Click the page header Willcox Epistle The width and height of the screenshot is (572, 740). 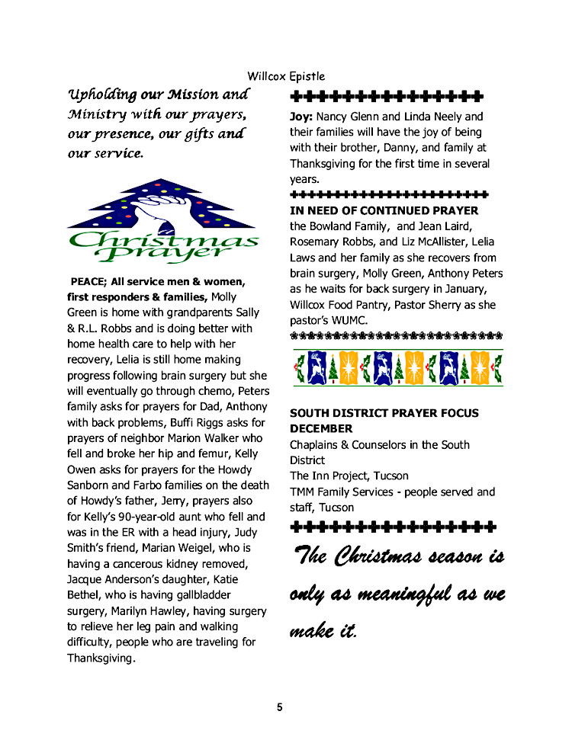click(x=286, y=76)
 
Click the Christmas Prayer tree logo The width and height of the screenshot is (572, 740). click(x=162, y=220)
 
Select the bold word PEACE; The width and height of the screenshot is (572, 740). click(x=88, y=280)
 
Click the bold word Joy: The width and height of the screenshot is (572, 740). click(x=301, y=117)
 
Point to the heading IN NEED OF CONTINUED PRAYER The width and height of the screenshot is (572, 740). click(x=384, y=210)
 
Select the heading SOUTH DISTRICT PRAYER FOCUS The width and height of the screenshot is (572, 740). click(x=384, y=413)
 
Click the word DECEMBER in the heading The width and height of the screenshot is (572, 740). click(x=321, y=428)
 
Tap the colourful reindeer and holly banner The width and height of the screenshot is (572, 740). click(x=397, y=367)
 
